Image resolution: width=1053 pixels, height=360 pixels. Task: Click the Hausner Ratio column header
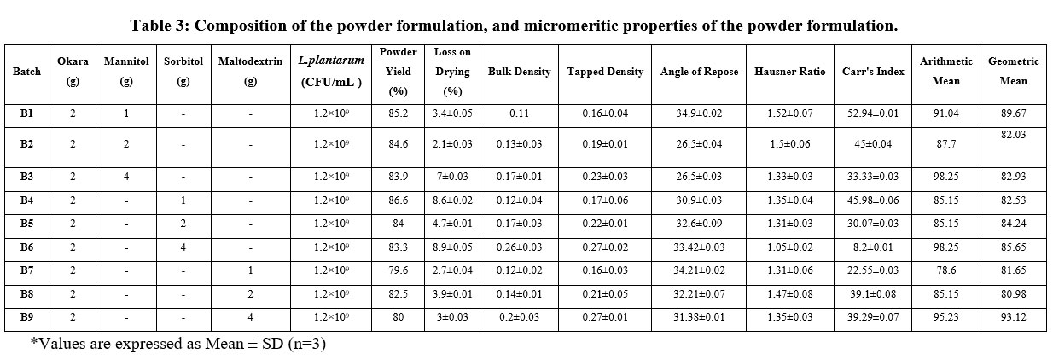coord(790,72)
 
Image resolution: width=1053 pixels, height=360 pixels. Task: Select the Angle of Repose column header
coord(699,72)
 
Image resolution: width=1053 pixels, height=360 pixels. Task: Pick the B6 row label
coord(26,247)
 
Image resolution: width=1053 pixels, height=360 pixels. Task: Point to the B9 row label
coord(26,317)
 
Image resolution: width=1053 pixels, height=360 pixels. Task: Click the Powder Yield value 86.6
coord(399,200)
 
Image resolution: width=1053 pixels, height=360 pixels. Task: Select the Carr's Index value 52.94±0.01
coord(873,113)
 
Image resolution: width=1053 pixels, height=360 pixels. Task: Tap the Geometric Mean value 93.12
coord(1013,317)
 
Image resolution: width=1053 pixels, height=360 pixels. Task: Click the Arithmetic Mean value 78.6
coord(945,270)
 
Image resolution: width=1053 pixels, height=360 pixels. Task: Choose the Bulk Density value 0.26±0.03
coord(519,247)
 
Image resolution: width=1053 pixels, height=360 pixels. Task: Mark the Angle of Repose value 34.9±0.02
coord(699,113)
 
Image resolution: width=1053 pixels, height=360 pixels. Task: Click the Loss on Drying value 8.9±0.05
coord(452,247)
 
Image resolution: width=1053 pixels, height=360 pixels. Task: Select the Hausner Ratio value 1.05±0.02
coord(790,247)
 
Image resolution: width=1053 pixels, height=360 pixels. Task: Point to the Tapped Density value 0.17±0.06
coord(605,200)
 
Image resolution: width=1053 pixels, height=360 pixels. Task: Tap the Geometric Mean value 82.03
coord(1013,135)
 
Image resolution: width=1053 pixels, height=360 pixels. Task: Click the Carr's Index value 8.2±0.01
coord(873,247)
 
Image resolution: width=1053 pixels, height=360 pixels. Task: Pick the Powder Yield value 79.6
coord(399,270)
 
